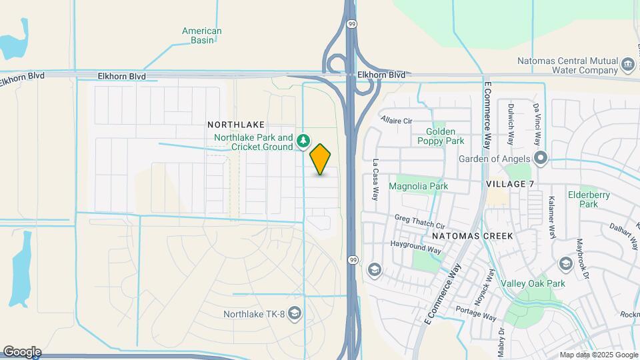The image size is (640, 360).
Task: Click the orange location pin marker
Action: click(x=321, y=159)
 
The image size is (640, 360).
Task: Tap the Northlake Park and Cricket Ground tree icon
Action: click(x=303, y=140)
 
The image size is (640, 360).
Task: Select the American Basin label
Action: click(x=201, y=35)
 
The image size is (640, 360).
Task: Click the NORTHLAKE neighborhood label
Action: click(x=236, y=125)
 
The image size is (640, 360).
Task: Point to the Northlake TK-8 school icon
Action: click(x=294, y=314)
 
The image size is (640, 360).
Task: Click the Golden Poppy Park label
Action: click(x=441, y=136)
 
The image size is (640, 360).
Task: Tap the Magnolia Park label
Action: click(x=418, y=186)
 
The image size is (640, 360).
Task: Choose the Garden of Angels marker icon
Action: click(x=540, y=159)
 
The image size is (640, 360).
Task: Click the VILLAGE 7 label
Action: click(x=510, y=184)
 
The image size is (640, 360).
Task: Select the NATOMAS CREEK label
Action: click(x=472, y=236)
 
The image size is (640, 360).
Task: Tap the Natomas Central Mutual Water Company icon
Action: click(x=627, y=65)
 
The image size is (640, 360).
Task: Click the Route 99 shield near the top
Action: click(x=351, y=23)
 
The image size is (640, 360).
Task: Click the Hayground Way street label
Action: click(x=417, y=247)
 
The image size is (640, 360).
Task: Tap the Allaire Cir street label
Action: click(x=397, y=120)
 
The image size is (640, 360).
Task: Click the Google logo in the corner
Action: click(x=21, y=352)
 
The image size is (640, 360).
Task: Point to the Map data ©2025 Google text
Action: click(x=598, y=355)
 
